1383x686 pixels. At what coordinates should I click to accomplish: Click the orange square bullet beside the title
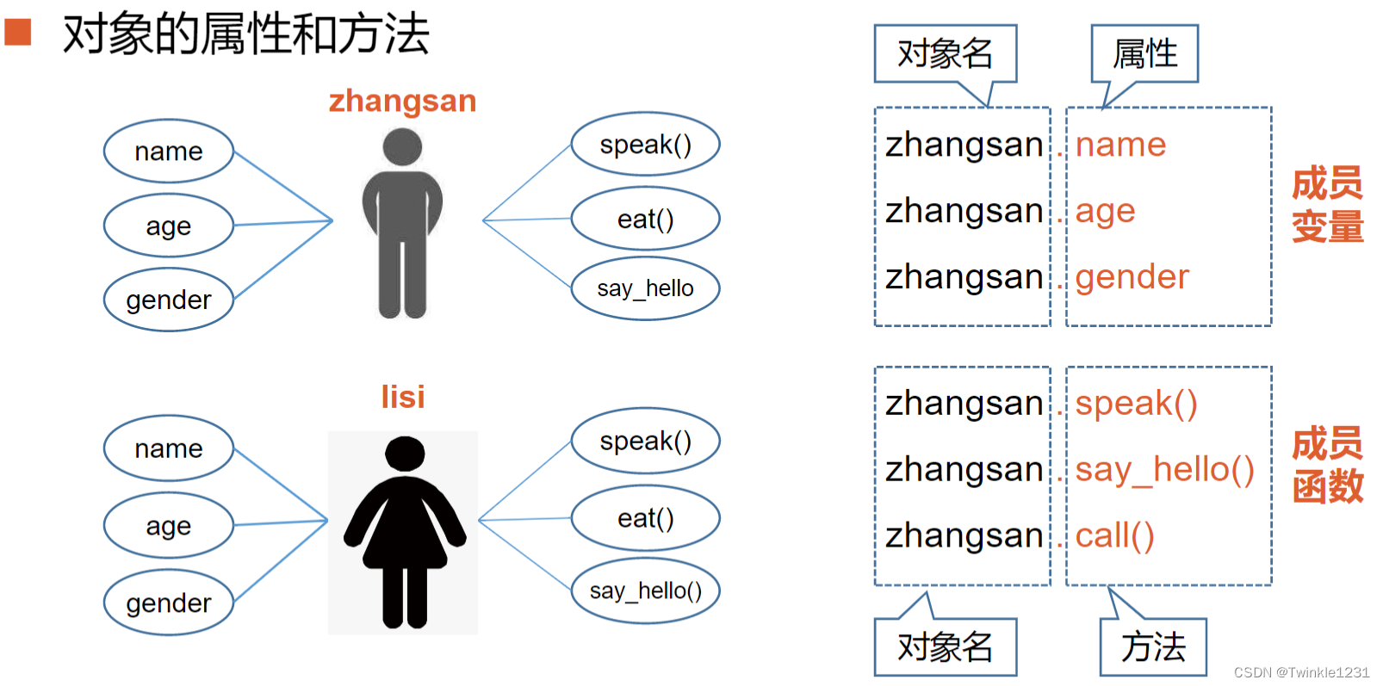17,33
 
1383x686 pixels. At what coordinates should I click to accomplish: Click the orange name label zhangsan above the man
402,102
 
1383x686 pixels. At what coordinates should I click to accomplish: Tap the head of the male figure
402,146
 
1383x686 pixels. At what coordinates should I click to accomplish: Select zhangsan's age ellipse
169,226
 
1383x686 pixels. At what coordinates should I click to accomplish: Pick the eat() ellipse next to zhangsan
645,219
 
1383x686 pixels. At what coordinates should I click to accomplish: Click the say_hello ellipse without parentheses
645,288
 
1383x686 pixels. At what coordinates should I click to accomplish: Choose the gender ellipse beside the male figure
169,300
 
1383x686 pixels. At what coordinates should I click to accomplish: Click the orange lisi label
402,397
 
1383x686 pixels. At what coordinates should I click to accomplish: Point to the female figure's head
404,453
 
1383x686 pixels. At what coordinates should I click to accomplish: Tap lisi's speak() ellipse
645,441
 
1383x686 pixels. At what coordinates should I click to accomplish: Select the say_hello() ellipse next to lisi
645,590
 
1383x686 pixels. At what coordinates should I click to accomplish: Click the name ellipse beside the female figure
169,448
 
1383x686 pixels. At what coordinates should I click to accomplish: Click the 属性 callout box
1144,53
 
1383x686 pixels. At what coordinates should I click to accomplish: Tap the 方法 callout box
1153,647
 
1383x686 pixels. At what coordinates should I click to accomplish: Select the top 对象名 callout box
945,53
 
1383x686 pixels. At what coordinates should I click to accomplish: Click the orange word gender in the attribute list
1132,277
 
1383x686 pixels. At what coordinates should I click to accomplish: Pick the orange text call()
1114,535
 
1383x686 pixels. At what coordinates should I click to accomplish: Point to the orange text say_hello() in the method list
1164,470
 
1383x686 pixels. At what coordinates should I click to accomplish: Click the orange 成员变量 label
1327,205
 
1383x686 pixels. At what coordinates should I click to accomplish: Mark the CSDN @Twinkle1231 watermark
1301,672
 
